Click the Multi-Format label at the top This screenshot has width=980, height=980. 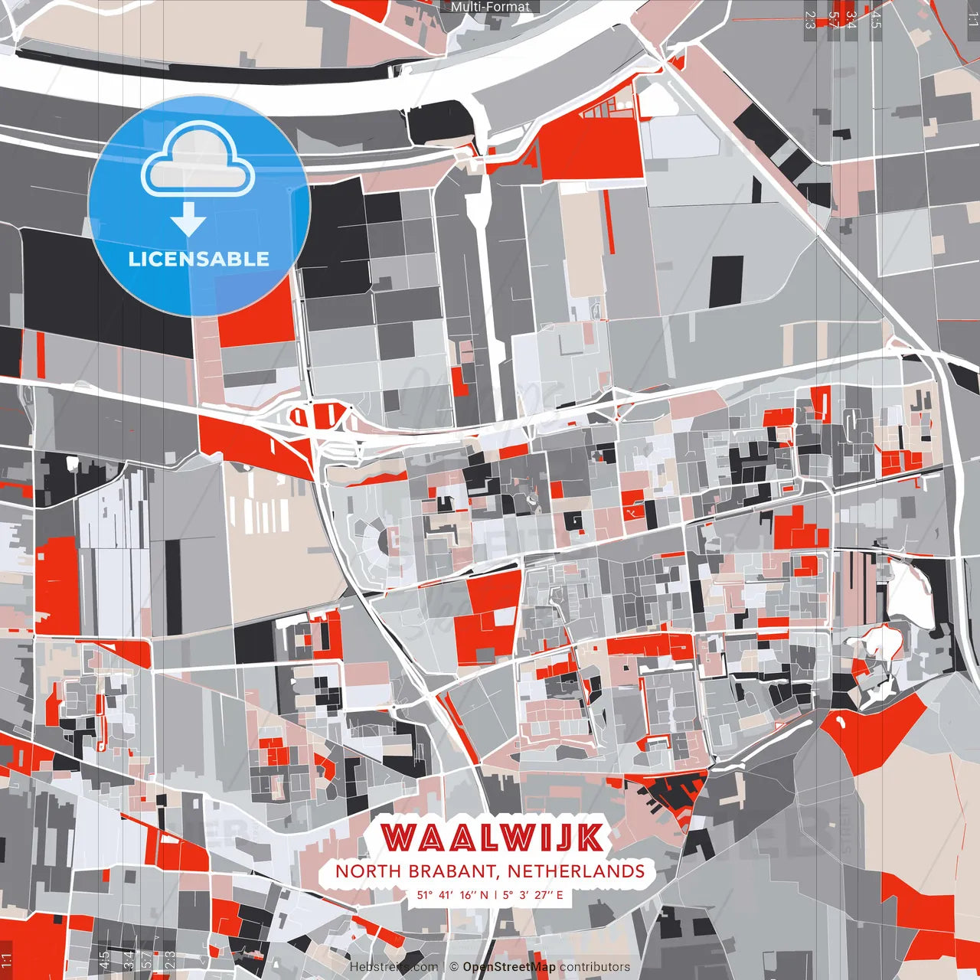490,7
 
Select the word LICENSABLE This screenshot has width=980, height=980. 199,259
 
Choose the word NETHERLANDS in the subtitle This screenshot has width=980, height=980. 576,871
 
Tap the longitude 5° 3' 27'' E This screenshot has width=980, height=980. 533,894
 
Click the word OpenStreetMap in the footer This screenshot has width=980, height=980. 509,967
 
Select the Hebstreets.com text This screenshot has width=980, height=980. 394,967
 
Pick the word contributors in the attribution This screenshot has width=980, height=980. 595,967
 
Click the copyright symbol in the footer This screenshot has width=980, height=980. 454,967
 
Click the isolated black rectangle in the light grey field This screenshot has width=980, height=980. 726,281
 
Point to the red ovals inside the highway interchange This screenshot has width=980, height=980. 322,416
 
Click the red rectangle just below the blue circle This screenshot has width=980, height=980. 256,322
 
